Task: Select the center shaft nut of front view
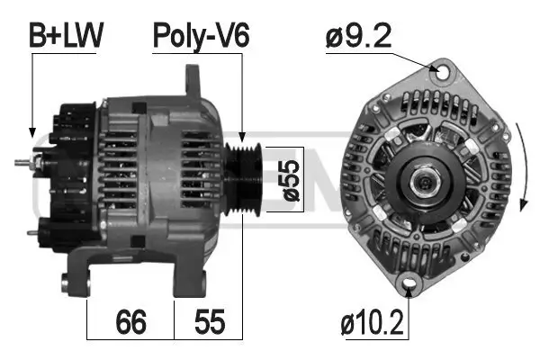click(x=423, y=182)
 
